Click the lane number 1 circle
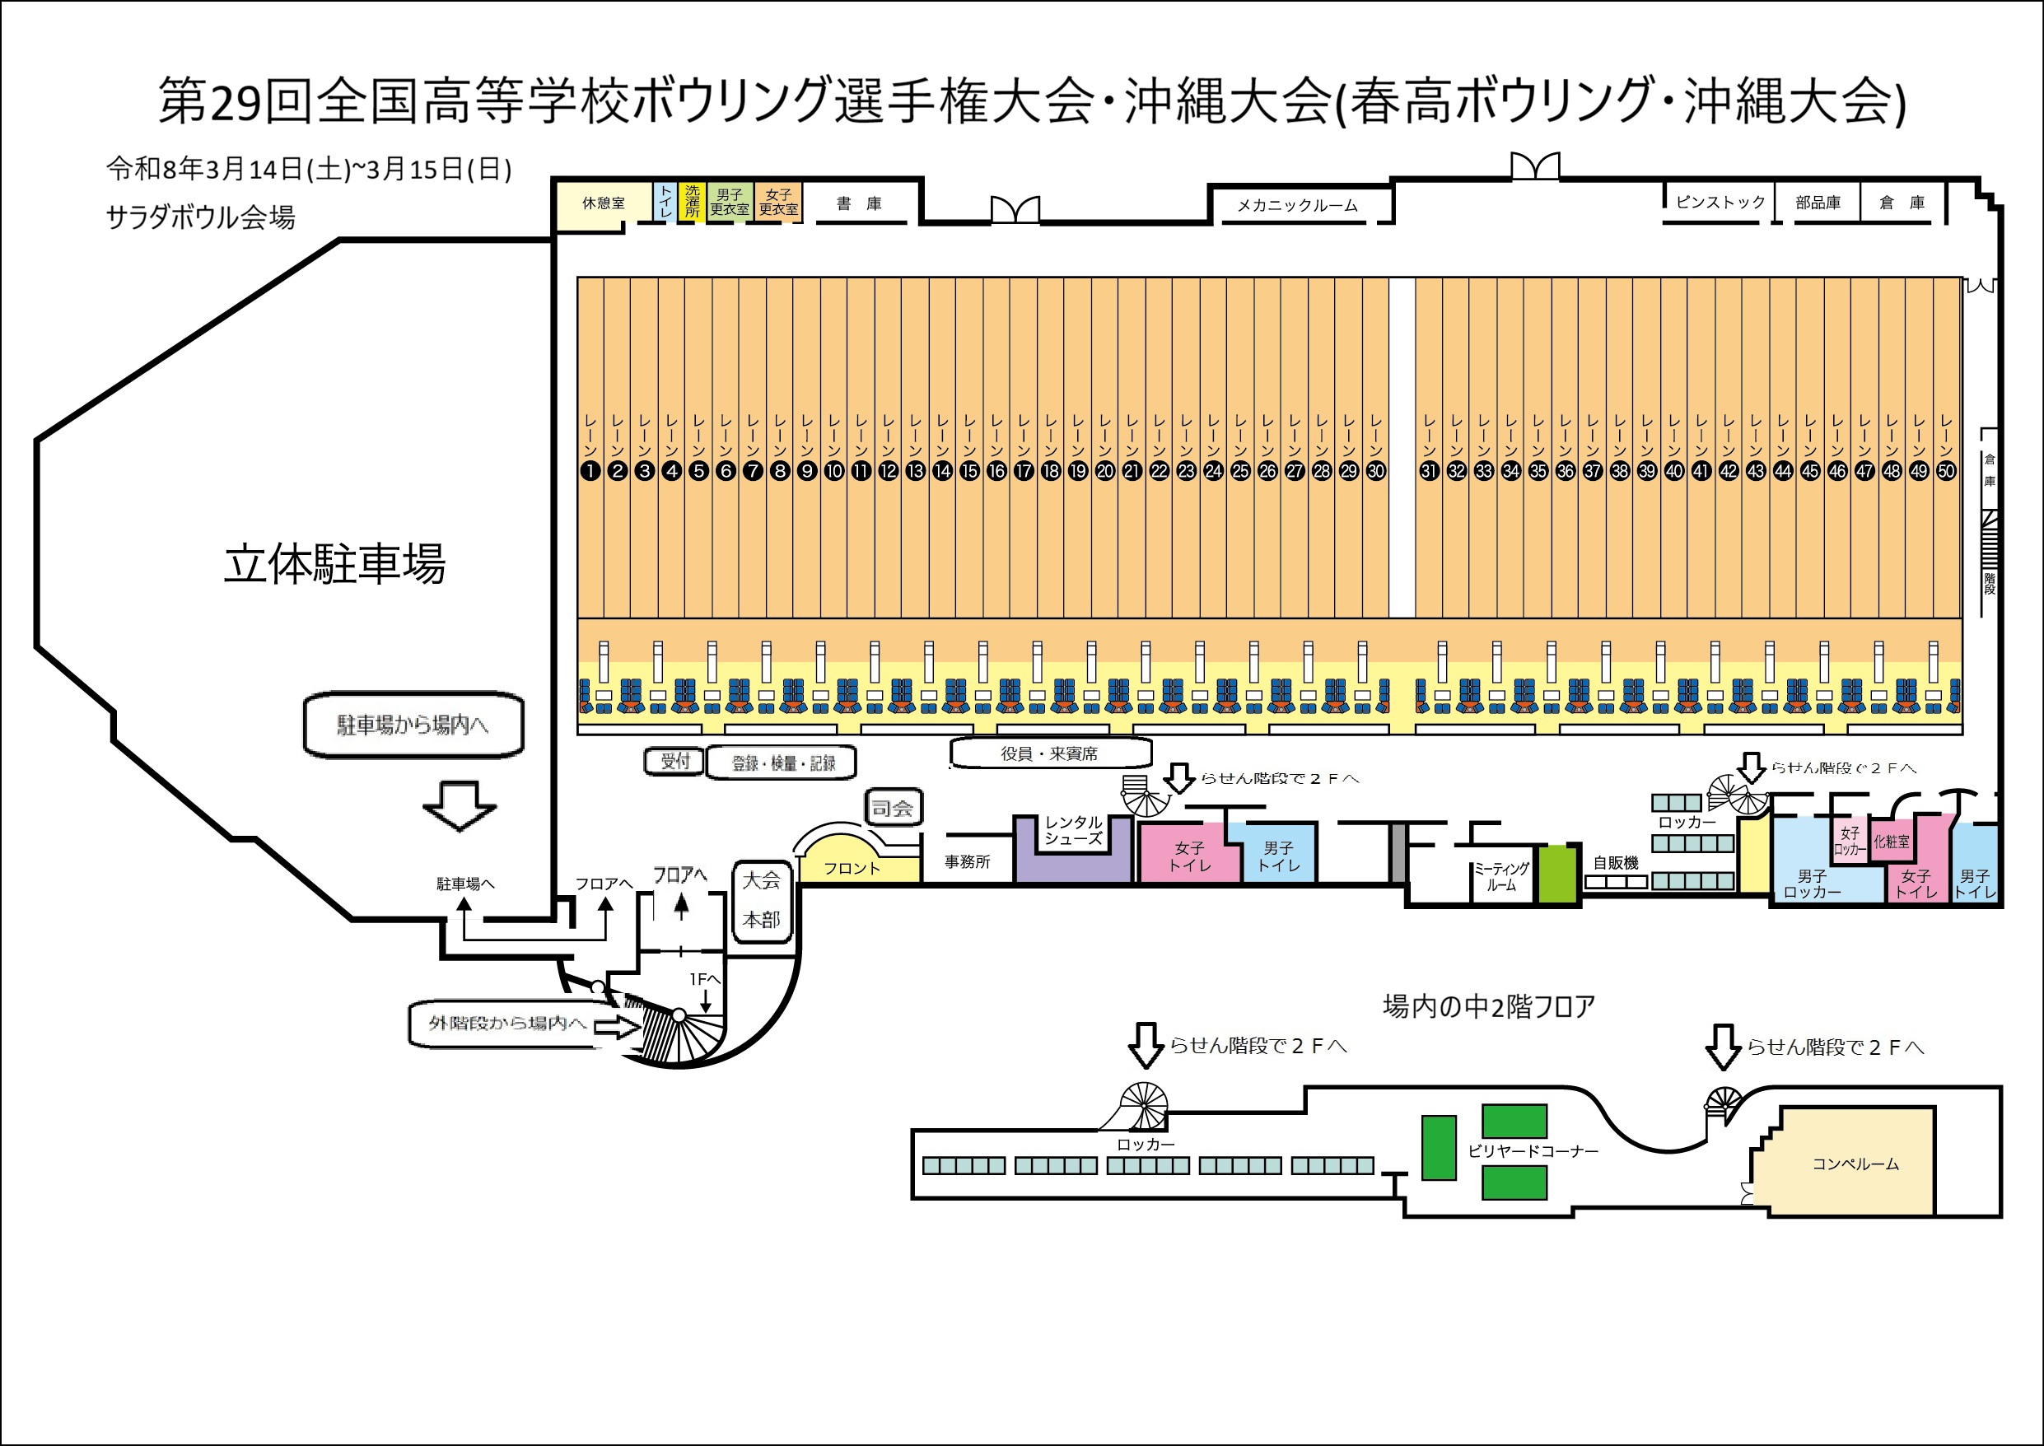590,471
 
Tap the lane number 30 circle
1376,471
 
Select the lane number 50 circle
1946,471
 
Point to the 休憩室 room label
603,204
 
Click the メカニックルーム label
1297,206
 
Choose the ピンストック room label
1720,202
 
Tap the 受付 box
674,761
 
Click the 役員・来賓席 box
1050,753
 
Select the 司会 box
892,808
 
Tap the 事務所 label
967,862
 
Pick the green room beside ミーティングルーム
1557,875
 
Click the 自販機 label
1616,863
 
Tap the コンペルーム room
1855,1164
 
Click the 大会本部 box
762,899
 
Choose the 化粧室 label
1891,841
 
